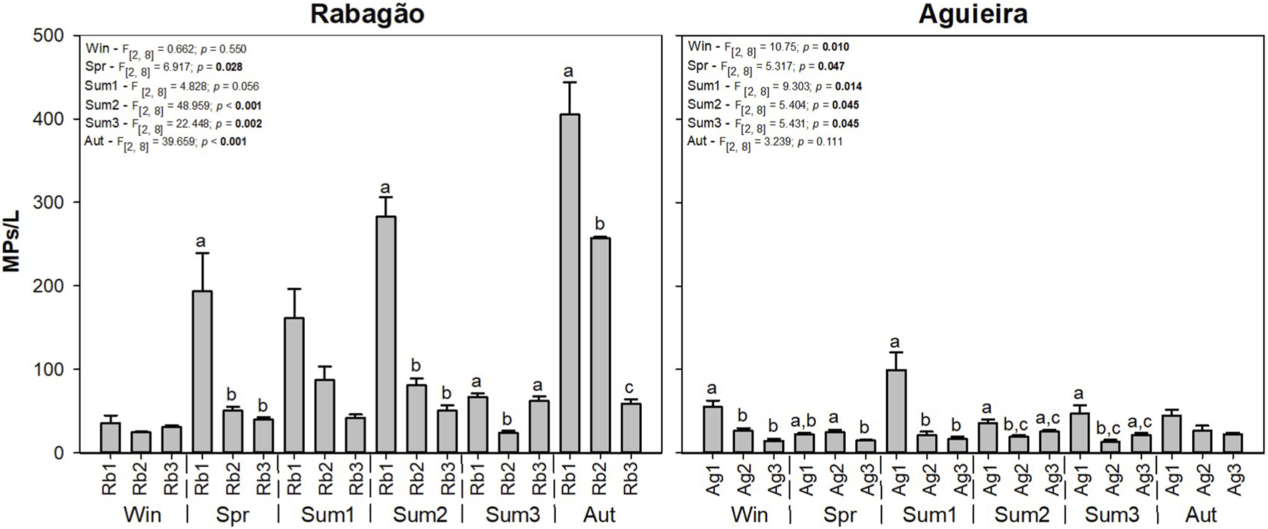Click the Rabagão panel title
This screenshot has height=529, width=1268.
[367, 14]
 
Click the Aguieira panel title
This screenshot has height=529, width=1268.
[973, 14]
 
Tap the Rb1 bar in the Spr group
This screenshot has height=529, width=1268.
[202, 372]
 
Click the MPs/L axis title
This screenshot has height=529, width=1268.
[12, 244]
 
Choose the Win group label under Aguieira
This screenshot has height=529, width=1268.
[749, 515]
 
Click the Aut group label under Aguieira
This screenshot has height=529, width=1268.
[1201, 515]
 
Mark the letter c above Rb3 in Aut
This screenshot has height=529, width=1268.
[630, 389]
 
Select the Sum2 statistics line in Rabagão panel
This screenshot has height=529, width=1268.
[173, 105]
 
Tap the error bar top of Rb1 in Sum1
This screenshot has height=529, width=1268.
[294, 289]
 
